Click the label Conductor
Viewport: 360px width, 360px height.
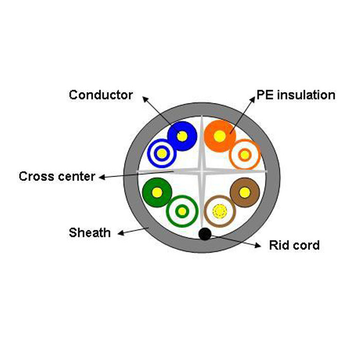[x=101, y=95]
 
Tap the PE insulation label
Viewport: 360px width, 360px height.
[x=296, y=95]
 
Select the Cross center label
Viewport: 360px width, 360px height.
[x=57, y=176]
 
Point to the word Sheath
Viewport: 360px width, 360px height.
[x=89, y=233]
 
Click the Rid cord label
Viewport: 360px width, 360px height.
[x=294, y=245]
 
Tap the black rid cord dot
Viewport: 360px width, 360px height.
[x=204, y=235]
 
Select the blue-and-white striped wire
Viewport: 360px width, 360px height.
[x=161, y=153]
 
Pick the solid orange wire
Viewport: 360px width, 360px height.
[x=220, y=136]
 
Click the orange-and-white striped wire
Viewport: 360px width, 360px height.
[x=244, y=154]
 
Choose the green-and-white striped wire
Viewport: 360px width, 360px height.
[x=182, y=210]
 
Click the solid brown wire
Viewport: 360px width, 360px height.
[x=244, y=192]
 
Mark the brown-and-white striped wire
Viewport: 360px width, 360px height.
[x=220, y=210]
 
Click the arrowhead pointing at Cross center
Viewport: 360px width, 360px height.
[x=101, y=178]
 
